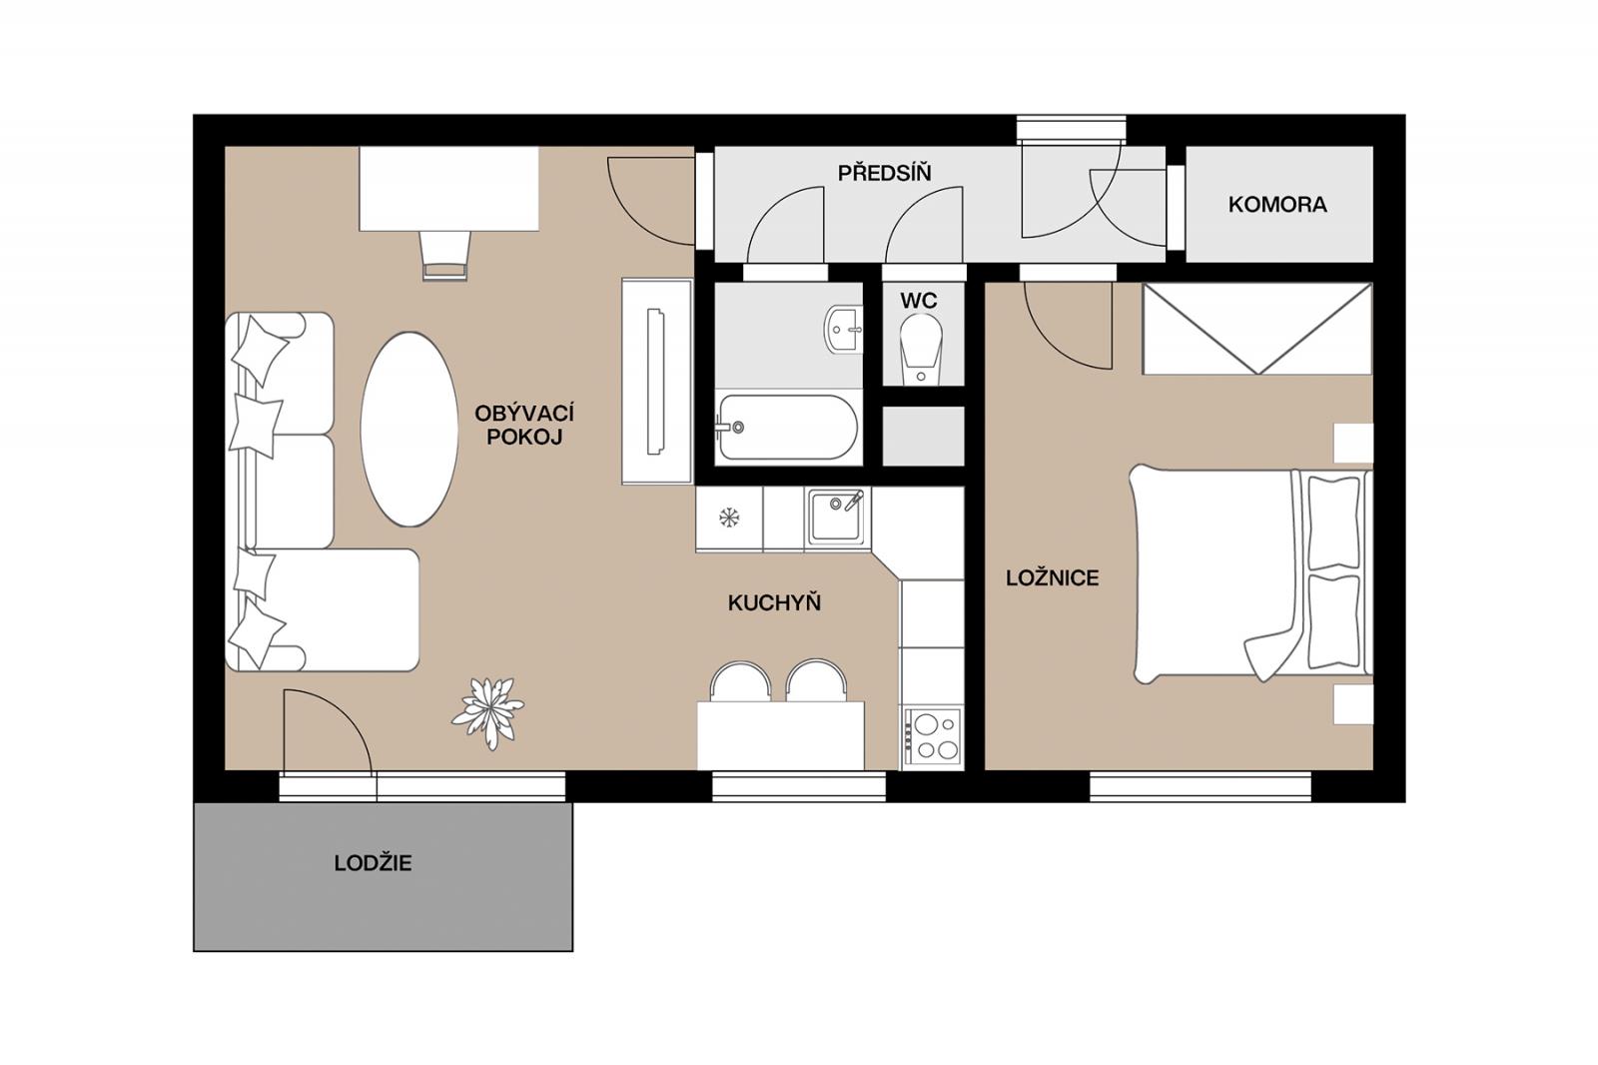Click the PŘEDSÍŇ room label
[884, 173]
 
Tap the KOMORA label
[1277, 205]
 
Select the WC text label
[919, 301]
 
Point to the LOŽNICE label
[1053, 578]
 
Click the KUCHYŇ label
[774, 603]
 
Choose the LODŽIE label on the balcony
[374, 863]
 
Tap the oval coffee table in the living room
[408, 429]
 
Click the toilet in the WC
[921, 351]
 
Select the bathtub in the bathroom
[788, 428]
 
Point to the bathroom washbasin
[843, 330]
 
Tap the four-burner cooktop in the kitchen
[933, 738]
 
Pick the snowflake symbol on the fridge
[728, 518]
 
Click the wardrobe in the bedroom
[1257, 329]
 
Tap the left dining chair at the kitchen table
[740, 681]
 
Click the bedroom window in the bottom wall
[1199, 786]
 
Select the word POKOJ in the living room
[524, 437]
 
